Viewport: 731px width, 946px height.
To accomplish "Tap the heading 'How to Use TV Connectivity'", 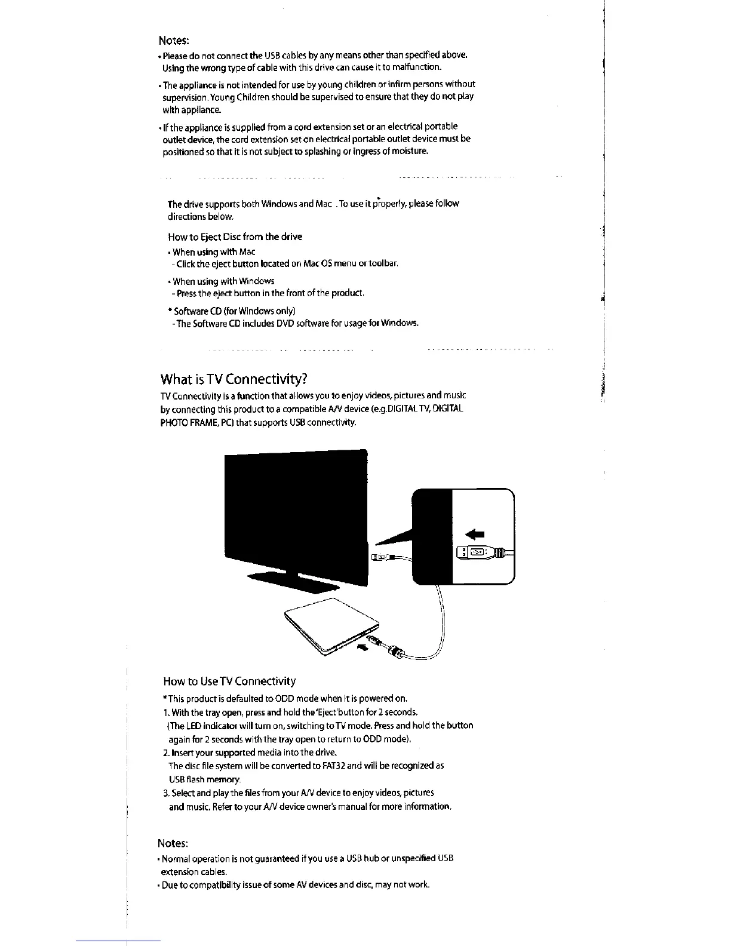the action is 229,681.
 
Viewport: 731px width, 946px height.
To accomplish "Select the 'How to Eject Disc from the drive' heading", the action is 235,236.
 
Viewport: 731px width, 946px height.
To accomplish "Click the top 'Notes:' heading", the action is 174,41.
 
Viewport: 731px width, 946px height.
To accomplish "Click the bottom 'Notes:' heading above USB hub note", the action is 173,843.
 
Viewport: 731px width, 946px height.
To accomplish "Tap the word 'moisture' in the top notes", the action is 410,152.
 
